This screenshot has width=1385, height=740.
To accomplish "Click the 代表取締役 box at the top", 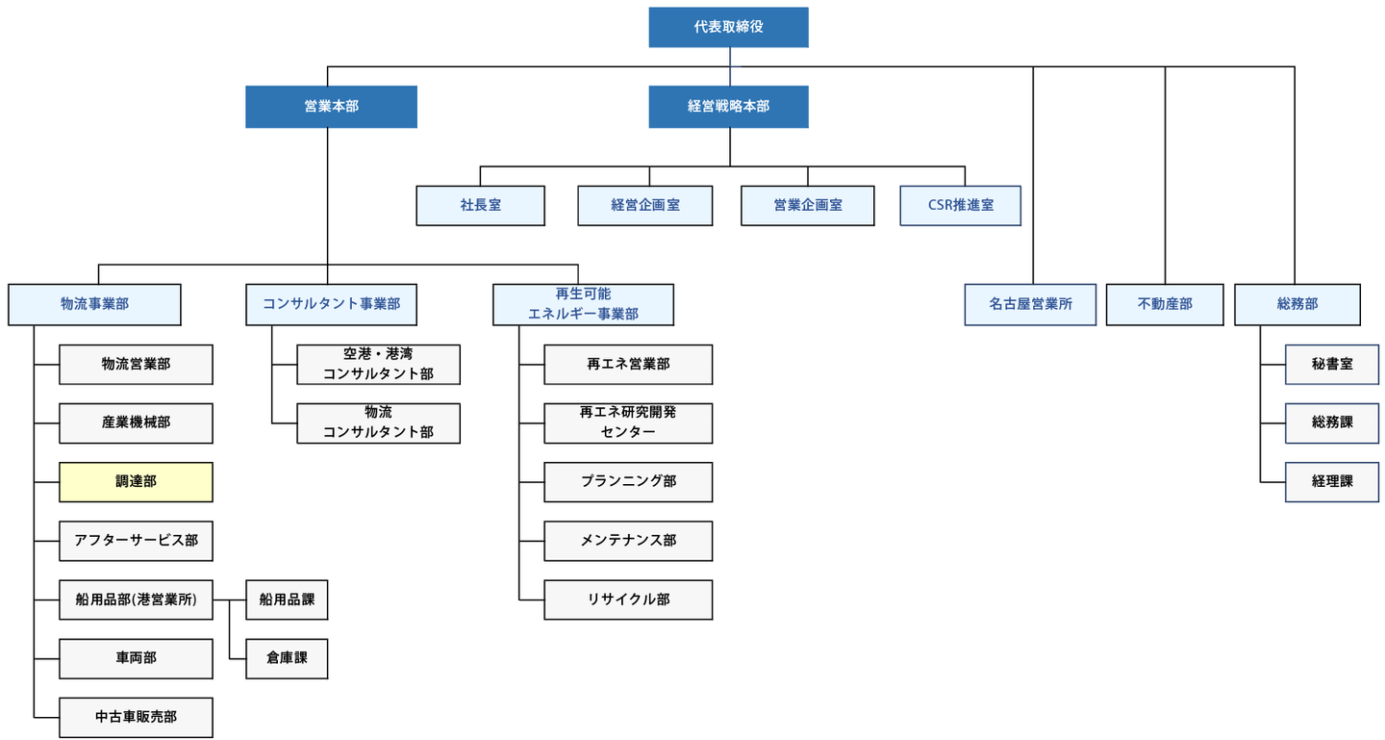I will (728, 27).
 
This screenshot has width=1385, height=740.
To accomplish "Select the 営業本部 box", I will (331, 107).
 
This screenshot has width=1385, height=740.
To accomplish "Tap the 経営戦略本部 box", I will (728, 107).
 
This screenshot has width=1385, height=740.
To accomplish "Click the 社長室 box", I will (480, 206).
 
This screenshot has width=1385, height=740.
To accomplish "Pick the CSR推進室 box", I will (960, 206).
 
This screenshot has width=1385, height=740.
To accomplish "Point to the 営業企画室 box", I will (807, 206).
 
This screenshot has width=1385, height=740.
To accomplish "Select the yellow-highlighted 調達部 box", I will (136, 482).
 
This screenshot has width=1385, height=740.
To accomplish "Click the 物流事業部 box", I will (94, 304).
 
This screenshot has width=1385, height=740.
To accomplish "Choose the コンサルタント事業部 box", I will (331, 304).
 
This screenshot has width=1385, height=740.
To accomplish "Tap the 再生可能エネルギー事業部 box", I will (583, 304).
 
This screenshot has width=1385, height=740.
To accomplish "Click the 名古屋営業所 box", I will (1030, 304).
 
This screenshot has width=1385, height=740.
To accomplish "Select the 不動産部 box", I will (1165, 304).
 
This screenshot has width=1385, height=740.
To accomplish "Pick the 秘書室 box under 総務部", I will (1332, 365).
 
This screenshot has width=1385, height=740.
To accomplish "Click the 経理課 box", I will (1332, 482).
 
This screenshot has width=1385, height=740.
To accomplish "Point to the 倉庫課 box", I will (287, 659).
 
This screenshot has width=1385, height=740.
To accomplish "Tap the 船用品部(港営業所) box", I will (136, 600).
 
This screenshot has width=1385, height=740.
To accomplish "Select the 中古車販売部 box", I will (136, 718).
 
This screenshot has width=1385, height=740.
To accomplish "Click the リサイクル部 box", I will (628, 600).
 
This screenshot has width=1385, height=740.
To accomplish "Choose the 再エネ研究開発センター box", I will (628, 423).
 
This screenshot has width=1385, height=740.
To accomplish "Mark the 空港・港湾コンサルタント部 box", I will (378, 365).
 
